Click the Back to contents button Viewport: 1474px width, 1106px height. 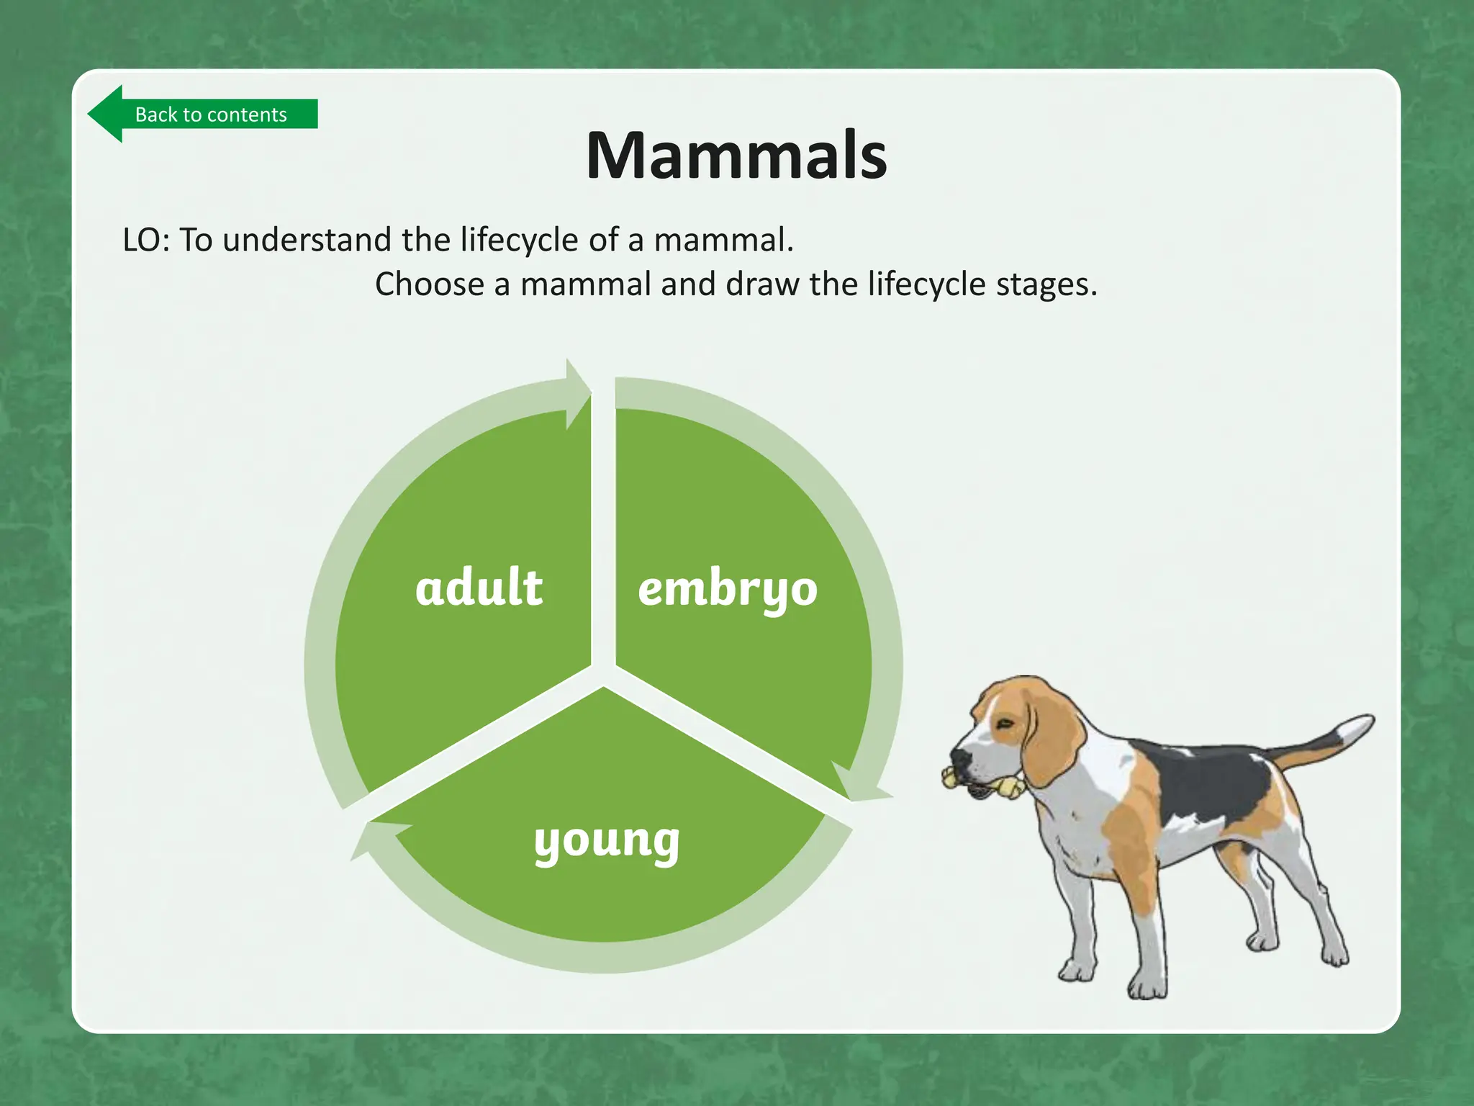click(x=205, y=114)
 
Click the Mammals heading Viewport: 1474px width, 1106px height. click(x=736, y=156)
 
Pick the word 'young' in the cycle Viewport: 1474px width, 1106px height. click(x=607, y=840)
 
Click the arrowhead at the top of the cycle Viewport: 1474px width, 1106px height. click(x=577, y=394)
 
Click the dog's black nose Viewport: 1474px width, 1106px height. click(x=959, y=757)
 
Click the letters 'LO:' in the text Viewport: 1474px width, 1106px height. click(x=146, y=240)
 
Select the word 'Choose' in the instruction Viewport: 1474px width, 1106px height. click(x=429, y=284)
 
